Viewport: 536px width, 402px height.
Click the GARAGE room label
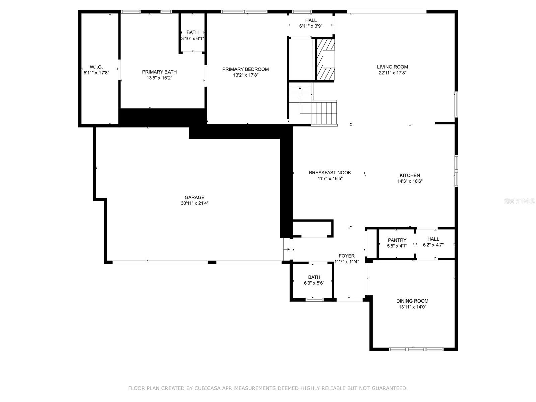click(x=194, y=197)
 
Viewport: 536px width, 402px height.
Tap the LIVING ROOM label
click(x=392, y=67)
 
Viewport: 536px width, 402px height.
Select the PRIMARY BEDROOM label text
click(x=246, y=69)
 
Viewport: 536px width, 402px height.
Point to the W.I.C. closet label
click(x=96, y=67)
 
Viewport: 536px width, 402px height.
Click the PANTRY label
click(x=397, y=240)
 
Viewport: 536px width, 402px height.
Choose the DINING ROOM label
click(x=412, y=301)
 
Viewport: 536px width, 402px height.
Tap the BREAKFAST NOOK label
click(x=330, y=173)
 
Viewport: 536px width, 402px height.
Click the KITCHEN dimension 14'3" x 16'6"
click(x=410, y=181)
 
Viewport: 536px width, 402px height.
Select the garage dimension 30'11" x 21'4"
click(x=194, y=203)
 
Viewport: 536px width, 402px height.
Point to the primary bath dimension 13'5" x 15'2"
click(x=159, y=78)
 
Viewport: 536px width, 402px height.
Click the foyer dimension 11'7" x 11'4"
click(x=346, y=262)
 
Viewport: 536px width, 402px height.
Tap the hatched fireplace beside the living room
click(x=326, y=59)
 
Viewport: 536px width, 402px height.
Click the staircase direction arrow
click(x=300, y=100)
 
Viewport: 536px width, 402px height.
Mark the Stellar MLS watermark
click(x=519, y=201)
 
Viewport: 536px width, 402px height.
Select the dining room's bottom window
click(x=416, y=349)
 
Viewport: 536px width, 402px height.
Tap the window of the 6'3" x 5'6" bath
click(x=315, y=300)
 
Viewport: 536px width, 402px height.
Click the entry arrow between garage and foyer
click(x=287, y=250)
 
